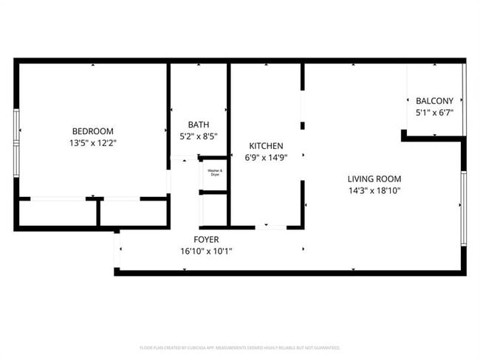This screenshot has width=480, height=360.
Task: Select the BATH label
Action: point(199,125)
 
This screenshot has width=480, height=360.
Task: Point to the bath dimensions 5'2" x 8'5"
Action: point(199,136)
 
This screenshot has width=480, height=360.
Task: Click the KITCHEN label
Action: point(266,146)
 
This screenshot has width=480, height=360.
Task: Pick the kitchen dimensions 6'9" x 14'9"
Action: point(266,157)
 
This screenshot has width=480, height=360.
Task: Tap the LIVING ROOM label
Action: point(375,179)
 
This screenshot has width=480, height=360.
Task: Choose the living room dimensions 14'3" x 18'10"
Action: point(375,190)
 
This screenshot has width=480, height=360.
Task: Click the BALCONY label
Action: point(434,101)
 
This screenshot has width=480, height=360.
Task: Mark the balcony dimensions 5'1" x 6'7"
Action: point(434,113)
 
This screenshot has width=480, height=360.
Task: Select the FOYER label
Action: point(206,240)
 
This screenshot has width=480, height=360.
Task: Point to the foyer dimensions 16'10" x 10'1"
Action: point(206,252)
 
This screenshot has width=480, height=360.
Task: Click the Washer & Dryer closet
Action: point(214,174)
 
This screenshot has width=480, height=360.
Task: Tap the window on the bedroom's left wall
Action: point(16,131)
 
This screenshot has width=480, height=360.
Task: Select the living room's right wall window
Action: point(464,207)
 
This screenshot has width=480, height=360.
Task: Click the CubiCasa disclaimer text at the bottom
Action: point(239,347)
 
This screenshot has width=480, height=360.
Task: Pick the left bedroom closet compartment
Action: point(56,213)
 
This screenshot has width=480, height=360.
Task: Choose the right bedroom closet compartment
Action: point(134,213)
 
